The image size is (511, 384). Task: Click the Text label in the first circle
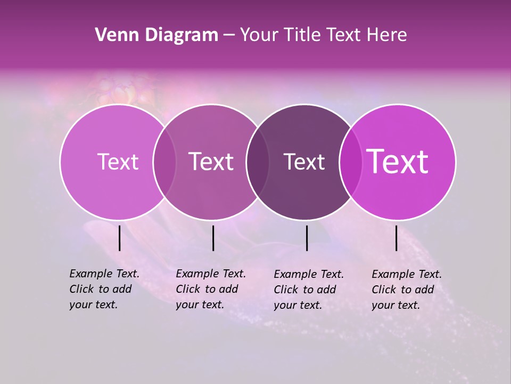[x=118, y=162]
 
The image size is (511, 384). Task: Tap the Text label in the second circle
[x=211, y=162]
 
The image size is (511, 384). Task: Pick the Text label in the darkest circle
[x=304, y=162]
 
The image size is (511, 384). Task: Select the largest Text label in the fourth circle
[x=398, y=162]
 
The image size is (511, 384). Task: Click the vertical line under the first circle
[x=120, y=238]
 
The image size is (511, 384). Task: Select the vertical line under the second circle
[x=213, y=238]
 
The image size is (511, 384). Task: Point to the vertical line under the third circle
[x=307, y=238]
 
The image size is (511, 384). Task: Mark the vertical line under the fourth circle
[x=396, y=238]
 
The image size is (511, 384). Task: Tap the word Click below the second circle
[x=187, y=289]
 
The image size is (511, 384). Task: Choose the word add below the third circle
[x=326, y=290]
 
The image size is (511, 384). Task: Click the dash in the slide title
[x=229, y=35]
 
